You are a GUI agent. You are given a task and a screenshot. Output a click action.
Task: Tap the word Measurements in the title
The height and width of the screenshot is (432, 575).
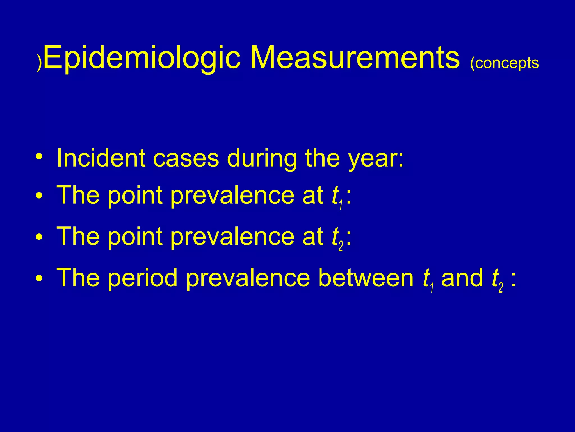click(355, 58)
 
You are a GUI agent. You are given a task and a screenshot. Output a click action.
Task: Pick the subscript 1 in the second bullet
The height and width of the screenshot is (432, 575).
click(341, 205)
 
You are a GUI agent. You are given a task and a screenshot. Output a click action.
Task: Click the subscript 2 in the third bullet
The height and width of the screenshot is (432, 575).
click(341, 246)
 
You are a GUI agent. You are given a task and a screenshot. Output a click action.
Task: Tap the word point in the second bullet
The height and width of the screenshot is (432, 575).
click(135, 196)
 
